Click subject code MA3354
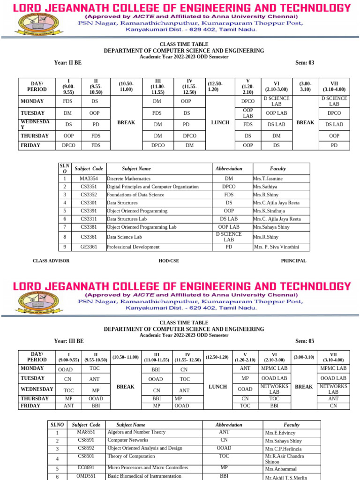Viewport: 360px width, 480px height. click(x=89, y=179)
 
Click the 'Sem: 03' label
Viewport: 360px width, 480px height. click(x=305, y=63)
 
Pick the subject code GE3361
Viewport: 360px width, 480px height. click(x=89, y=247)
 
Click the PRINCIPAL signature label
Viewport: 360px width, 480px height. click(x=293, y=261)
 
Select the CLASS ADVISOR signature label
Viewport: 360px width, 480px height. click(x=51, y=261)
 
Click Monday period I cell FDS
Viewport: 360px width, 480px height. click(x=67, y=101)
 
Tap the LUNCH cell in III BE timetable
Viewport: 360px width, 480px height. click(x=217, y=387)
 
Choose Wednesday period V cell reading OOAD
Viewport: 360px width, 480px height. click(x=245, y=389)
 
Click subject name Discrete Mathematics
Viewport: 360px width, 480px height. click(x=128, y=179)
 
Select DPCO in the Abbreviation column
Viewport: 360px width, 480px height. click(x=229, y=187)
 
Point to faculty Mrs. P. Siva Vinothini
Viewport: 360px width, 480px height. click(x=276, y=247)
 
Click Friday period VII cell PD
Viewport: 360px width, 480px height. click(x=334, y=145)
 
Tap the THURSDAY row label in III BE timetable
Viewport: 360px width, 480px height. click(x=35, y=398)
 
